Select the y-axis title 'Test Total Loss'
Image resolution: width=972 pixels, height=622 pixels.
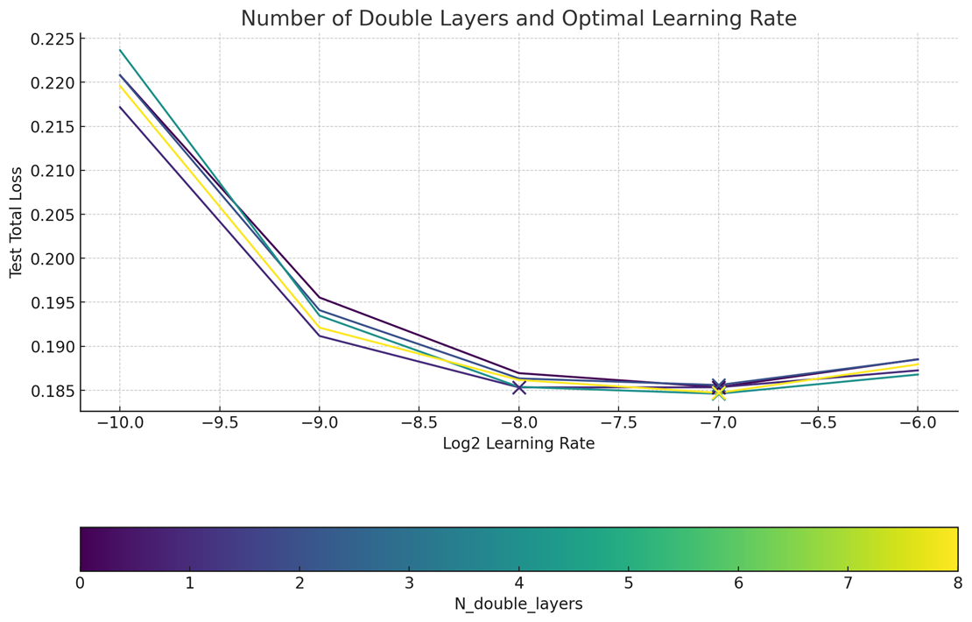click(16, 223)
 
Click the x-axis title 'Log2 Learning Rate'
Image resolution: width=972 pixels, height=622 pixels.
click(518, 444)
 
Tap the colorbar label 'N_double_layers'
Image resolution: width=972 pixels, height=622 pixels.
click(518, 604)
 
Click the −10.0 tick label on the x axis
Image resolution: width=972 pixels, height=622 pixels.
click(120, 423)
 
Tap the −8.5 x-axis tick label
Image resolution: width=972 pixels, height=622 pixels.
click(419, 423)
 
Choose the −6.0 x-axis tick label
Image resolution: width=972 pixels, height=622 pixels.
click(917, 423)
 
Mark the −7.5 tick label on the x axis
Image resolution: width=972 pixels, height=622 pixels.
click(618, 423)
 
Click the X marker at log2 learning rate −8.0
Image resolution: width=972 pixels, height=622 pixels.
click(519, 387)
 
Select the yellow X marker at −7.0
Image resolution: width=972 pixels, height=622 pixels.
click(718, 392)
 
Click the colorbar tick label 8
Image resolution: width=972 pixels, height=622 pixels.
click(957, 583)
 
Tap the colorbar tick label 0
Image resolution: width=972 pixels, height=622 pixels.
click(81, 583)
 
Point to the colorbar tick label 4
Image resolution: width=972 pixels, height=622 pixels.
click(519, 583)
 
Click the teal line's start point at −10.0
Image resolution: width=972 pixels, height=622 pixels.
click(120, 50)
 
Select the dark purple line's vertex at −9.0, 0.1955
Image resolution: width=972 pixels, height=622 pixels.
click(320, 298)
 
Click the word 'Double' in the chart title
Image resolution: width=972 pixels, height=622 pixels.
click(399, 18)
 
